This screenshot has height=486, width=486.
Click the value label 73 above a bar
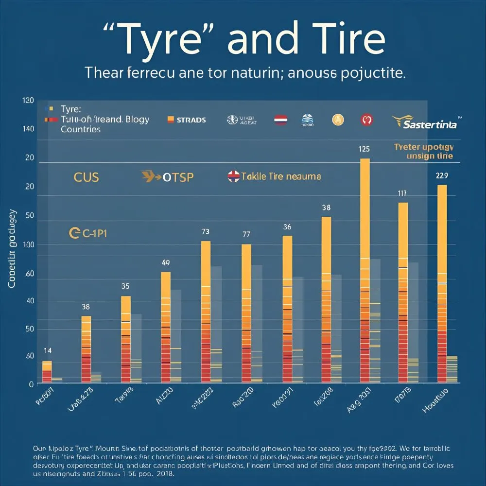[206, 232]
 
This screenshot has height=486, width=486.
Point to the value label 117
[402, 193]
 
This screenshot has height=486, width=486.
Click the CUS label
[86, 177]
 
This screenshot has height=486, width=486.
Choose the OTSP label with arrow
[168, 177]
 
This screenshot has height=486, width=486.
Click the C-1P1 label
[88, 234]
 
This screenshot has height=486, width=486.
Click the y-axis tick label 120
[28, 101]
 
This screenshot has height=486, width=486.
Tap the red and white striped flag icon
[281, 120]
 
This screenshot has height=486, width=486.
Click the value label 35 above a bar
[125, 286]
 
